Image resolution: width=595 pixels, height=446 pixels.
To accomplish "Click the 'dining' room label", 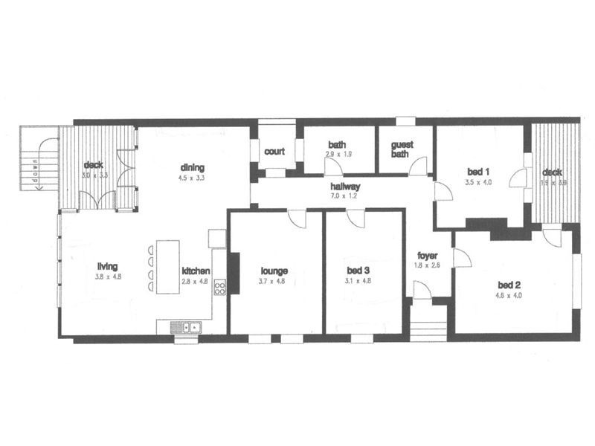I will (x=192, y=167).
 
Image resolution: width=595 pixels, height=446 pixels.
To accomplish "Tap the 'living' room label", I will (x=108, y=267).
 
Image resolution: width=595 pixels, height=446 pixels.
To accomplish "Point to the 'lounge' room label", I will (x=274, y=271).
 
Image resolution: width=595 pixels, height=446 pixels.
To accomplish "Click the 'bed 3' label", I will (x=358, y=271).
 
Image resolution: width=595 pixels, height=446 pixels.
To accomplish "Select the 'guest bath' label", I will (x=402, y=149).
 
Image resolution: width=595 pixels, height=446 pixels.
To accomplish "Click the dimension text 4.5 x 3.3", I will (x=192, y=178).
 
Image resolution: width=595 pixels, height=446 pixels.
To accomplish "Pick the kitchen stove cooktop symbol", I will (x=220, y=287).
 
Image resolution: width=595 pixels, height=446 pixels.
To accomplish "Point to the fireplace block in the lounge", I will (x=234, y=273).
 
